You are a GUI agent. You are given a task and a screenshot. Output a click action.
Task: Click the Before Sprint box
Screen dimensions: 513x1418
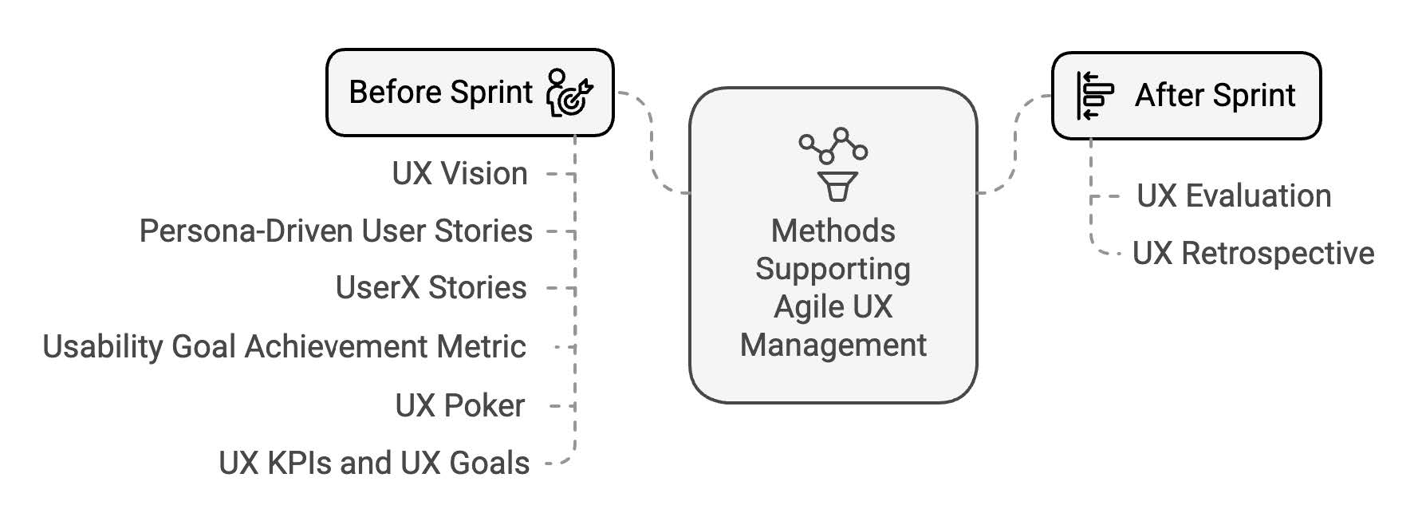[x=469, y=93]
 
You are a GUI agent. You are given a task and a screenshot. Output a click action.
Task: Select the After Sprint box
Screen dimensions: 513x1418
[x=1186, y=96]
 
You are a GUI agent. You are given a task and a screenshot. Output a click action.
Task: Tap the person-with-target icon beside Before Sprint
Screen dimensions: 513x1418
[x=569, y=93]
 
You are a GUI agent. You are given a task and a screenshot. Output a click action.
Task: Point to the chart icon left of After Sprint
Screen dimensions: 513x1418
[x=1094, y=96]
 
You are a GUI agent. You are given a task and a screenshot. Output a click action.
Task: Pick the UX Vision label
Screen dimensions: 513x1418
[x=459, y=174]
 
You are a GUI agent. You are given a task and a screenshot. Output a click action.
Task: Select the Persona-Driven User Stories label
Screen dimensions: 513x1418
[x=336, y=231]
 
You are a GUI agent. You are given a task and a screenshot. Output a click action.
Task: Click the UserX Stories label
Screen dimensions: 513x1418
[x=431, y=288]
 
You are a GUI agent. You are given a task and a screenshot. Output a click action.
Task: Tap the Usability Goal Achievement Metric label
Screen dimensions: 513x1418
[x=284, y=347]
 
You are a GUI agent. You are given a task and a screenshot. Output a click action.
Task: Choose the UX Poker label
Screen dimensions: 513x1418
[x=459, y=406]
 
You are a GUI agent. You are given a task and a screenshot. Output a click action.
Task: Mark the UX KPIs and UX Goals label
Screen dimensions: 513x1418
[x=374, y=464]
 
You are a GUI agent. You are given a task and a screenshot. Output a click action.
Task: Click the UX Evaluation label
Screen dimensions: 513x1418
[x=1234, y=196]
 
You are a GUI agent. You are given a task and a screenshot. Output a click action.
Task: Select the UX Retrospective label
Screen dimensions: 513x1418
[x=1253, y=254]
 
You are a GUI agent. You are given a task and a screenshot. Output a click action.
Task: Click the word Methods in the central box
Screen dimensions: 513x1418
[x=833, y=231]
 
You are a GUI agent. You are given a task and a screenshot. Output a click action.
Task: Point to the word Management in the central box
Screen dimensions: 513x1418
[x=833, y=345]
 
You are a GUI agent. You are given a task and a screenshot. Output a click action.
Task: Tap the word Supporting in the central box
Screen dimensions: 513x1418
[x=833, y=270]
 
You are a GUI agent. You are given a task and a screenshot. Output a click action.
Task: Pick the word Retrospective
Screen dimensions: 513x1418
[x=1278, y=254]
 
